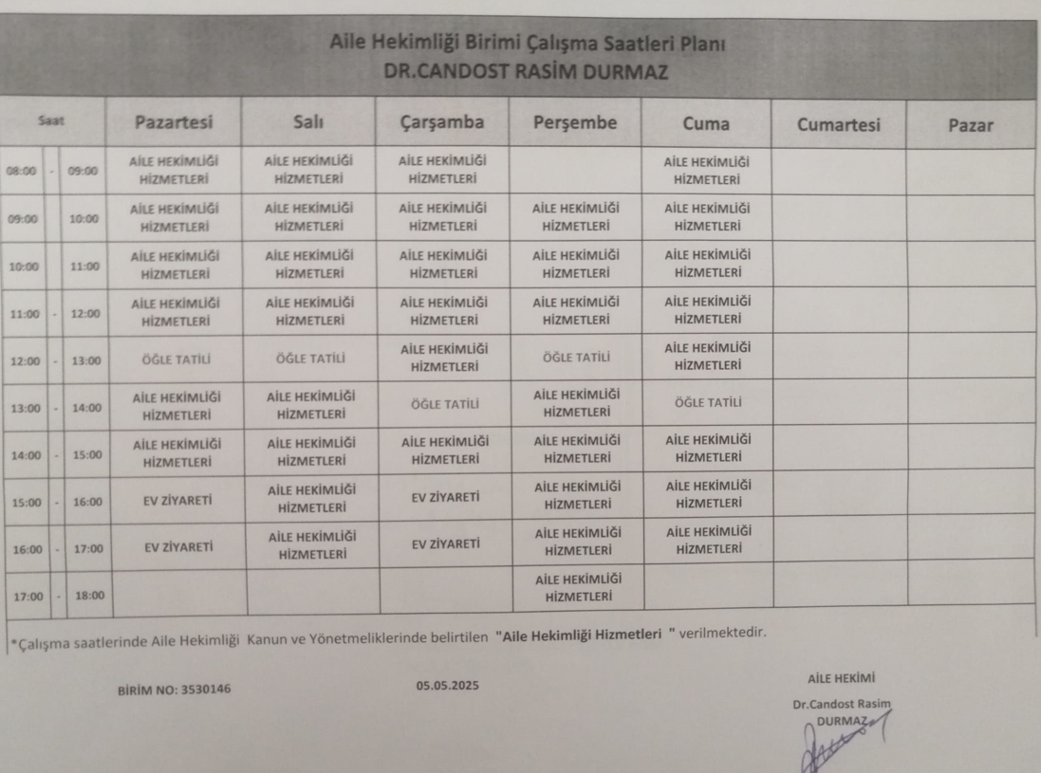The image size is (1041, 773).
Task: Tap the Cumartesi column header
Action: (x=839, y=125)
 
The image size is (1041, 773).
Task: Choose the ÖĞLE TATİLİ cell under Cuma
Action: (x=706, y=402)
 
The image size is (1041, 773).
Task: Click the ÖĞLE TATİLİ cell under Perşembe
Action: (x=573, y=359)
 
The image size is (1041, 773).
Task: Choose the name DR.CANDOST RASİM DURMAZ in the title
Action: (x=520, y=70)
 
